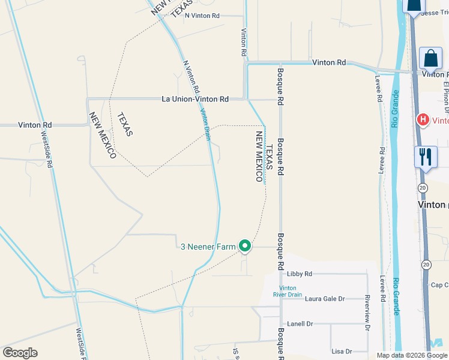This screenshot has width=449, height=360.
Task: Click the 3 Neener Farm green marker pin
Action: point(245,245)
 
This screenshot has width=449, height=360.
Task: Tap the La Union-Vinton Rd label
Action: point(195,99)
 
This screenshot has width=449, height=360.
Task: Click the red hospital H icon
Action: point(423,120)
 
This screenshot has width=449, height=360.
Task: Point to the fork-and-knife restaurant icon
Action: point(425,157)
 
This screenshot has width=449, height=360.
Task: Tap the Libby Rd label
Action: point(300,274)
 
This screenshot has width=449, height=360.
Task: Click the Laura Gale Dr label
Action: point(325,298)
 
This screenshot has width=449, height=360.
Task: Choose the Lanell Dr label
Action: point(301,324)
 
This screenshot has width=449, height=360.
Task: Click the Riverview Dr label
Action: point(366,311)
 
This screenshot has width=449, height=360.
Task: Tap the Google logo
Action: point(20,353)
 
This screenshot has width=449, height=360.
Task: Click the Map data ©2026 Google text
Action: point(411,355)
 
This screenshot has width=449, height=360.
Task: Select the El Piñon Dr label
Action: point(447,96)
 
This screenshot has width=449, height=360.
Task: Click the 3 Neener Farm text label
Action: point(209,246)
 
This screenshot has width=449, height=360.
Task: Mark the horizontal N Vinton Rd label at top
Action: point(202,16)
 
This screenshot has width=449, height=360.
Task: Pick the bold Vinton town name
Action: point(432,205)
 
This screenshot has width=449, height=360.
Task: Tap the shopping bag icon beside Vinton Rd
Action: point(430,59)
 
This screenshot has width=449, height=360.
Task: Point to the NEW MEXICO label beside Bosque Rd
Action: point(259,157)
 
